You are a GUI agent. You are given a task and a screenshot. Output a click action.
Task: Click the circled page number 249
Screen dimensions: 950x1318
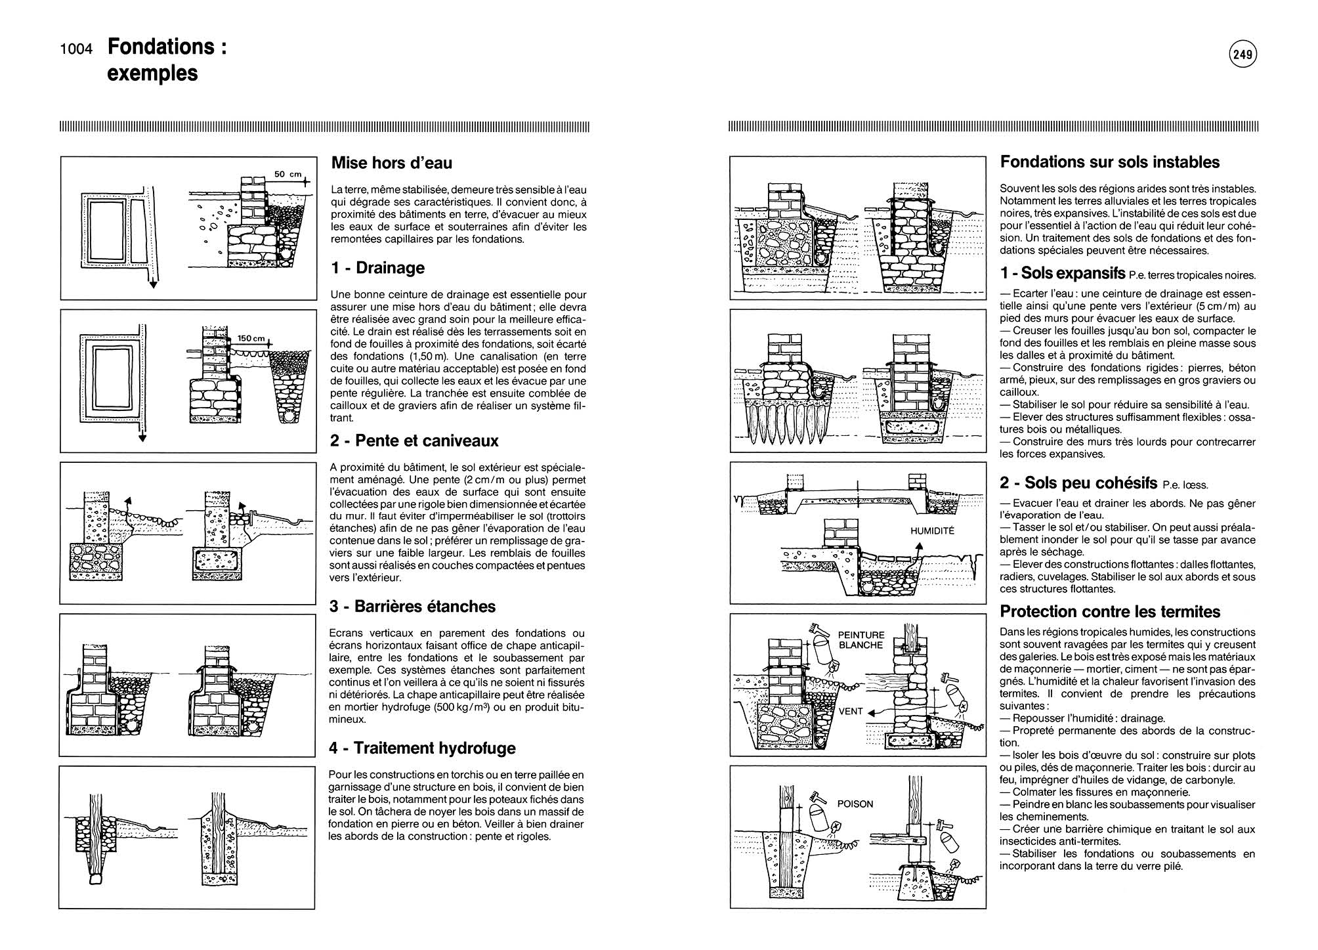coord(1243,55)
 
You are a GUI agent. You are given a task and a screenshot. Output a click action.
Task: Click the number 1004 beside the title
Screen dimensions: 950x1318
coord(77,49)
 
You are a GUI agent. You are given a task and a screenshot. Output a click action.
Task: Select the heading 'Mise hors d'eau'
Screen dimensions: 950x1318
coord(391,163)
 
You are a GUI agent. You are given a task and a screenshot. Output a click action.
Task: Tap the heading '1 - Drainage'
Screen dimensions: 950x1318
coord(377,268)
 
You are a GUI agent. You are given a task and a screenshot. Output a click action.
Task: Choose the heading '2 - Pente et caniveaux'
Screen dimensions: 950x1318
coord(414,441)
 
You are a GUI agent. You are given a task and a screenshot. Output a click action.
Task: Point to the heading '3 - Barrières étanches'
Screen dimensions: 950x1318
coord(412,606)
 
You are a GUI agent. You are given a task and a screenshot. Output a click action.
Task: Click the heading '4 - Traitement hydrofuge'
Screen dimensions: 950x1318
coord(422,748)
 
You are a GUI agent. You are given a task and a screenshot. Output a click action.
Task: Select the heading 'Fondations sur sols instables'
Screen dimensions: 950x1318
coord(1109,162)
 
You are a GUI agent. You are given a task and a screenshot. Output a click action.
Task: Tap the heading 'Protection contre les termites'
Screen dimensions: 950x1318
coord(1109,612)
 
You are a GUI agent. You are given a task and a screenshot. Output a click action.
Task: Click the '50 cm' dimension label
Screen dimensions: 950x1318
coord(287,175)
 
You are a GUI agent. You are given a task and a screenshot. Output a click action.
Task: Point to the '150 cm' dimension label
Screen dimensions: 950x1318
coord(251,339)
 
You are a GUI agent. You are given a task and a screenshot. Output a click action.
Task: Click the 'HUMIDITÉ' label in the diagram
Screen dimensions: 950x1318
coord(932,530)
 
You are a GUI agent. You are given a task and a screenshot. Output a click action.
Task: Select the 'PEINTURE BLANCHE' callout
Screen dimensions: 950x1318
coord(861,640)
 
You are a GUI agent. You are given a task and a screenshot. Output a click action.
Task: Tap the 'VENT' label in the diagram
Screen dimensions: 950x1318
coord(851,711)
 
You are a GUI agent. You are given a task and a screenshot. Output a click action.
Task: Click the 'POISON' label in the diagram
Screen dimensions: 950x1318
coord(855,804)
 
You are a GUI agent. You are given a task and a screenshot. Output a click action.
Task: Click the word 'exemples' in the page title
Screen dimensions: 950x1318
coord(152,73)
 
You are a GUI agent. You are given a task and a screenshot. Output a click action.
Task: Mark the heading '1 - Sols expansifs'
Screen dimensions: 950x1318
coord(1063,273)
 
